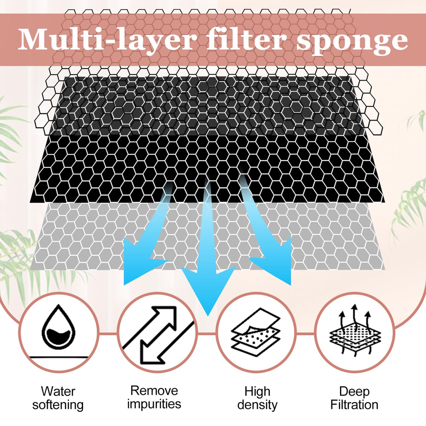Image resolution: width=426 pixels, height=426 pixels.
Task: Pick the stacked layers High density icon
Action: (x=256, y=332)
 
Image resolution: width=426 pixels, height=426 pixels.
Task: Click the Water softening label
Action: (x=58, y=398)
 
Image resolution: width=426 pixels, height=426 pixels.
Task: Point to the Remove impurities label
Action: (x=154, y=397)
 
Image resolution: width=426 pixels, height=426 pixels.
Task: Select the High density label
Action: (x=257, y=398)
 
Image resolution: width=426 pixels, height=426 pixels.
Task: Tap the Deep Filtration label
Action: (x=354, y=398)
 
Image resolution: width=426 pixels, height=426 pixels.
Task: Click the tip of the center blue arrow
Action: (x=208, y=316)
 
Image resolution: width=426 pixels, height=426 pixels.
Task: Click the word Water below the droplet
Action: (x=58, y=391)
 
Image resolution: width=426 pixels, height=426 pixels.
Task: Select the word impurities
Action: (x=154, y=404)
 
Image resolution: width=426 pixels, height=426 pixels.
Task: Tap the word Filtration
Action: (x=354, y=405)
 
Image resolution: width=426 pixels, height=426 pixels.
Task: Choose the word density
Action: (x=257, y=405)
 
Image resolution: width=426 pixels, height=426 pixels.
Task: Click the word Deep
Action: (x=354, y=392)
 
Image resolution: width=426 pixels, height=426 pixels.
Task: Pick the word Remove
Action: (x=154, y=391)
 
